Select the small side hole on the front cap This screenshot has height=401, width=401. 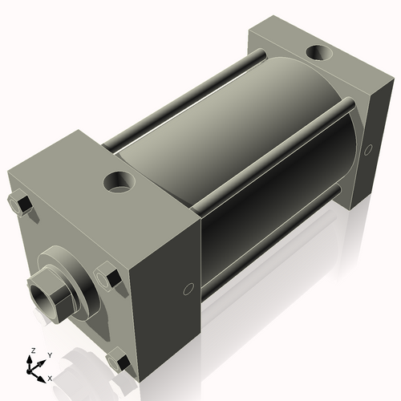(188, 289)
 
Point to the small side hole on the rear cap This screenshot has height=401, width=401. (369, 149)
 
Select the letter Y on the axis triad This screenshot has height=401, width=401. (49, 354)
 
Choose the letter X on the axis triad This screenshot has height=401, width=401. (50, 377)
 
